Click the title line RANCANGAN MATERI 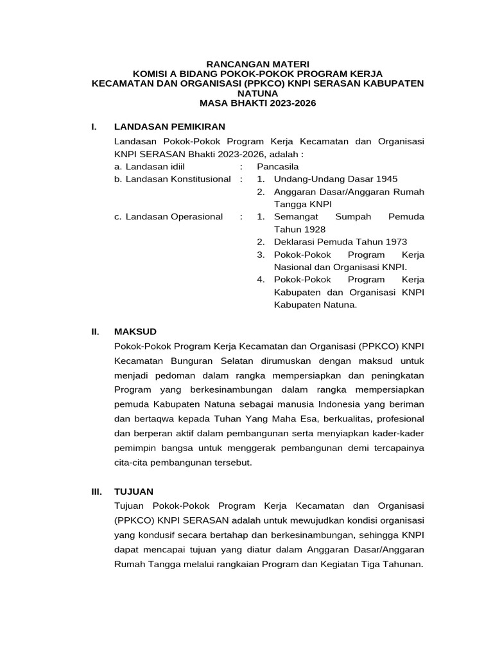(x=257, y=64)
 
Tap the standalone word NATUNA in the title (x=257, y=93)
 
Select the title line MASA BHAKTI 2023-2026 (x=257, y=103)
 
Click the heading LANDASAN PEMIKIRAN (x=169, y=126)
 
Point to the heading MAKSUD (x=135, y=332)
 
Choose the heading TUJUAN (x=134, y=491)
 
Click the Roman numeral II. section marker (x=96, y=332)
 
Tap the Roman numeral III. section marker (x=97, y=491)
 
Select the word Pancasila (x=278, y=166)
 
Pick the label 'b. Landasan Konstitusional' (x=172, y=179)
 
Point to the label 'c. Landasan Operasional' (x=168, y=217)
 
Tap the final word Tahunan (x=401, y=564)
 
